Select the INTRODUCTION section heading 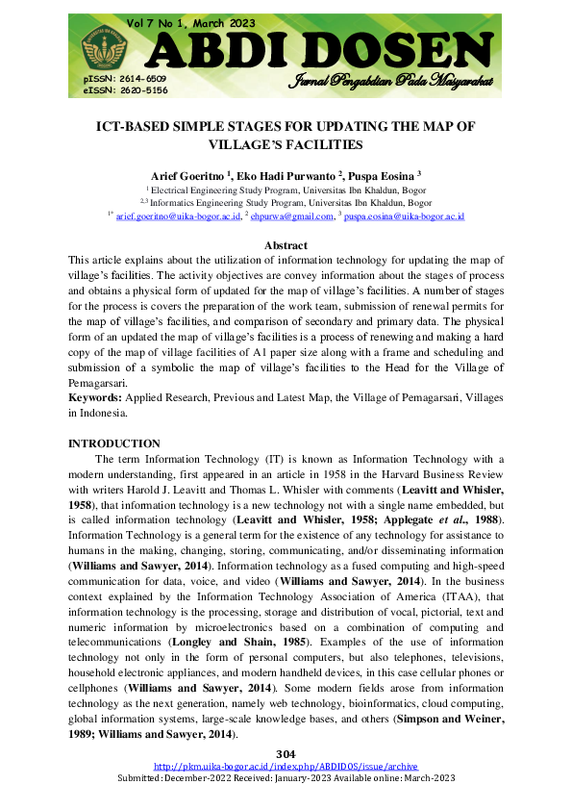coord(113,443)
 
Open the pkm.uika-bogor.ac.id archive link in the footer coord(286,766)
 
